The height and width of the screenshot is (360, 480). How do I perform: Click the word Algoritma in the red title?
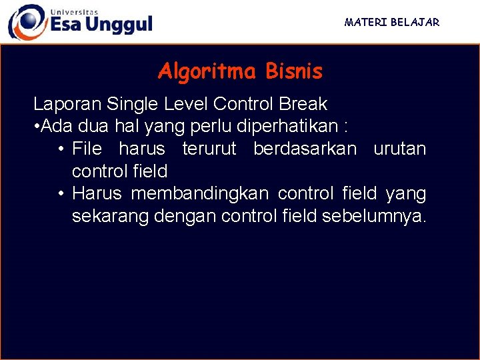[x=207, y=71]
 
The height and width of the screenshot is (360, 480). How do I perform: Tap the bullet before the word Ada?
[x=36, y=127]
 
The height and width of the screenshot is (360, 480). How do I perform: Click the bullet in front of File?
[x=61, y=149]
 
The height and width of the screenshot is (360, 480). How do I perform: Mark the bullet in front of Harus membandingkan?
[x=61, y=194]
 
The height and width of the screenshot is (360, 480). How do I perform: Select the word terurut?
[x=209, y=149]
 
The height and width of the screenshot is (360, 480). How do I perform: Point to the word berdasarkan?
[x=305, y=149]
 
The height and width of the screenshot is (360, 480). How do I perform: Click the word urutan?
[x=399, y=149]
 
